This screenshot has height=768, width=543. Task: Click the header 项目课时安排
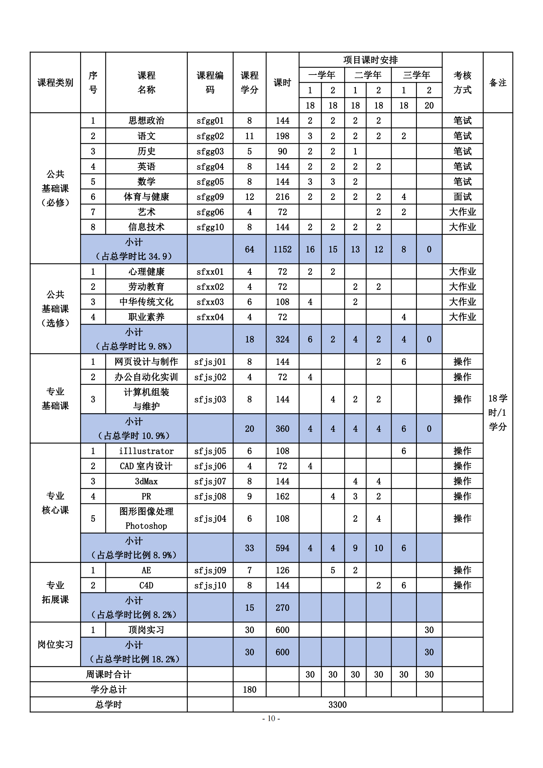pos(370,60)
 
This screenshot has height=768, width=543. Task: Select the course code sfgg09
pos(210,197)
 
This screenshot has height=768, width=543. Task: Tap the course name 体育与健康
pos(146,197)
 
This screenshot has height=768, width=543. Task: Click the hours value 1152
pos(282,249)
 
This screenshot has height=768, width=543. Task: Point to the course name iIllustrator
pos(146,451)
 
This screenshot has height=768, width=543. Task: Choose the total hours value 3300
pos(337,705)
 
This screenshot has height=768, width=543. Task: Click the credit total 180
pos(250,690)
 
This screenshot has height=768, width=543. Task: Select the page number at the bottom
pos(271,718)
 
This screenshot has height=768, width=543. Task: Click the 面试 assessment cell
pos(462,197)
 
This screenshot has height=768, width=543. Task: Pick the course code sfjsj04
pos(210,518)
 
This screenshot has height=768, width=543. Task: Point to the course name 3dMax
pos(146,481)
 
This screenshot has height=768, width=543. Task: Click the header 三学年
pos(416,75)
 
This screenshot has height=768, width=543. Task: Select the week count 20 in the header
pos(429,106)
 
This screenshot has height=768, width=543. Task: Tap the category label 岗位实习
pos(55,644)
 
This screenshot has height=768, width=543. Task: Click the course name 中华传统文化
pos(146,302)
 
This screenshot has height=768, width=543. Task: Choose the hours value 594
pos(282,548)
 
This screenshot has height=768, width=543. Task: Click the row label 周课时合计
pos(108,674)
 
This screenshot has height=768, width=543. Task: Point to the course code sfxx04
pos(210,317)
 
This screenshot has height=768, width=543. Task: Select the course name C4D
pos(146,585)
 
